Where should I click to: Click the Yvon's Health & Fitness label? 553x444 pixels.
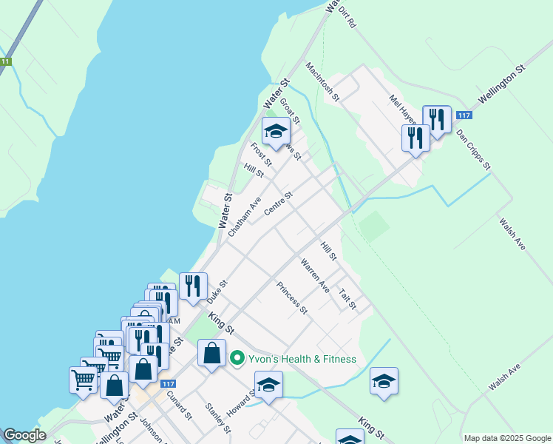[x=302, y=359]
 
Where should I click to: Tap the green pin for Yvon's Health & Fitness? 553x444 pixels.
[x=237, y=359]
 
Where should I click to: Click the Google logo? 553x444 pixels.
[x=24, y=435]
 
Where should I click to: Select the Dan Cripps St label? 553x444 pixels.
[x=473, y=149]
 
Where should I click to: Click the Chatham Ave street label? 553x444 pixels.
[x=245, y=217]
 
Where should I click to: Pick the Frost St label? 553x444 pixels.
[x=262, y=155]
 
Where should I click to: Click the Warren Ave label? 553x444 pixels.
[x=315, y=275]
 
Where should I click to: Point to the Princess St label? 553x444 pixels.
[x=292, y=297]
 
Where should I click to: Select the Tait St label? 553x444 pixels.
[x=347, y=299]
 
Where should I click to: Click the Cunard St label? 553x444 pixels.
[x=180, y=404]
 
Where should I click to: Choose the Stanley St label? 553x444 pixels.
[x=218, y=418]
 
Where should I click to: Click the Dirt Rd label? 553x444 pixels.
[x=347, y=14]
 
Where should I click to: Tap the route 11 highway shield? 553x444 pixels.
[x=6, y=61]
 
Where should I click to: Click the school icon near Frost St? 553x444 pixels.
[x=276, y=132]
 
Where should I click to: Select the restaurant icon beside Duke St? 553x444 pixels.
[x=192, y=286]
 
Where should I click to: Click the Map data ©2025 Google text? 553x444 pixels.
[x=506, y=437]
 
